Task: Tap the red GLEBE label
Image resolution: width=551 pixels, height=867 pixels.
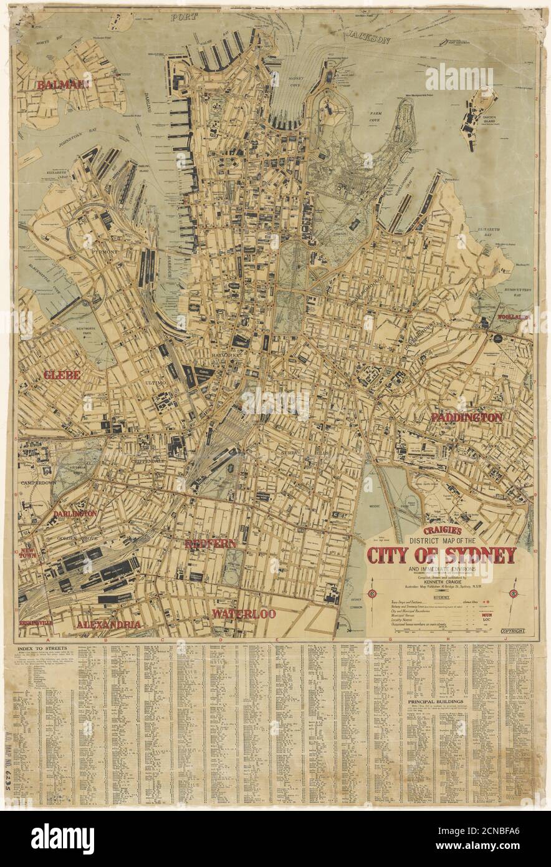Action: pos(62,375)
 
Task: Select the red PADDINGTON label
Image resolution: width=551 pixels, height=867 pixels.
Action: pos(466,417)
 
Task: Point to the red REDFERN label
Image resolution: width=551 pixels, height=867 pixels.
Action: pos(210,544)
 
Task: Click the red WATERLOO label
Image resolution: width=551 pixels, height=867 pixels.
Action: pos(243,614)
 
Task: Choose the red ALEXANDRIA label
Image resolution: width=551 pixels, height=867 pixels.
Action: pos(108,624)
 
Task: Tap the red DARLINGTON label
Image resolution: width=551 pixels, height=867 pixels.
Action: pos(75,514)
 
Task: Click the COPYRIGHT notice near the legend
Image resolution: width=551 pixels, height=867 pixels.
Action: pos(512,631)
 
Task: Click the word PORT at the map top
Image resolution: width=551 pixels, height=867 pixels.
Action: pos(189,17)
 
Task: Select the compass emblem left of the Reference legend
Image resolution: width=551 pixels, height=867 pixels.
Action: pos(373,593)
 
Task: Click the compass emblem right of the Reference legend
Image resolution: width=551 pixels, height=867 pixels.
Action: pos(515,593)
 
